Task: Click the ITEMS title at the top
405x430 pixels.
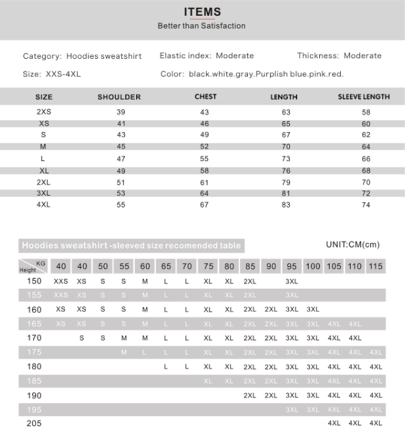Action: (x=202, y=12)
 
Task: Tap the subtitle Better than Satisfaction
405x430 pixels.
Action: (x=202, y=26)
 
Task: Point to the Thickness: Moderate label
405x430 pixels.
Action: (x=339, y=56)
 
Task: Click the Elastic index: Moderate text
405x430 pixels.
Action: (x=207, y=56)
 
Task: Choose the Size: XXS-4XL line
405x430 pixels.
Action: (x=52, y=74)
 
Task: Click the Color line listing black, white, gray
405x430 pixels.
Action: (x=252, y=74)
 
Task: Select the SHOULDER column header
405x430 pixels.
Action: (x=119, y=97)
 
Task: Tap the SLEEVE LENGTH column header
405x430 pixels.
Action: (x=364, y=97)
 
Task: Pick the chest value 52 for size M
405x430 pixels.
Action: (x=205, y=147)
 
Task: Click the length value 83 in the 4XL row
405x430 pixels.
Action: (x=286, y=205)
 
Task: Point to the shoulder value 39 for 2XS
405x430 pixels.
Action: (x=121, y=113)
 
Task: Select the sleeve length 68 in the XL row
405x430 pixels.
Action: (x=366, y=170)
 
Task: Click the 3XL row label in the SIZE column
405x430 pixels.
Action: (x=44, y=193)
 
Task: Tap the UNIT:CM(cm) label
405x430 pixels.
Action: (x=353, y=245)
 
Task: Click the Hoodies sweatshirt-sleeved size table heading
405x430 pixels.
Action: (x=131, y=246)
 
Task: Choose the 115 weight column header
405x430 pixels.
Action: (x=376, y=267)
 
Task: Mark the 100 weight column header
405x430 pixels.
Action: (x=313, y=267)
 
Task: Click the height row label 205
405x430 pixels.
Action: (x=34, y=423)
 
